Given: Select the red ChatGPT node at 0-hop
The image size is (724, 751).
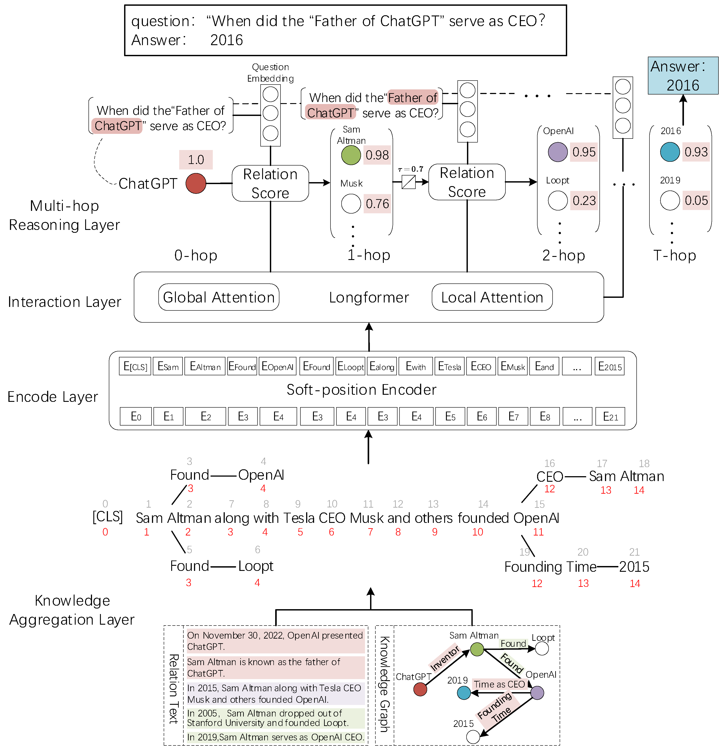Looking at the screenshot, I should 196,183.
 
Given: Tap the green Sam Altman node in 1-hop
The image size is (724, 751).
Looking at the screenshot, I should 351,155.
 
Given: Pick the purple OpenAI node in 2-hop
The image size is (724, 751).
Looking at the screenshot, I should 557,152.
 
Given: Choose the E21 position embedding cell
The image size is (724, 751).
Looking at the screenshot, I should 610,416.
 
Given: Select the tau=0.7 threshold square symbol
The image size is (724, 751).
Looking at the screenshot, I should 408,182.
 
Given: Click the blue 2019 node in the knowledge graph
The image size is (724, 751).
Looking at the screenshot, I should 464,693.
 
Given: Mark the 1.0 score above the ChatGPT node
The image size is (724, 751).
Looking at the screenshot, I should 196,159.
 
